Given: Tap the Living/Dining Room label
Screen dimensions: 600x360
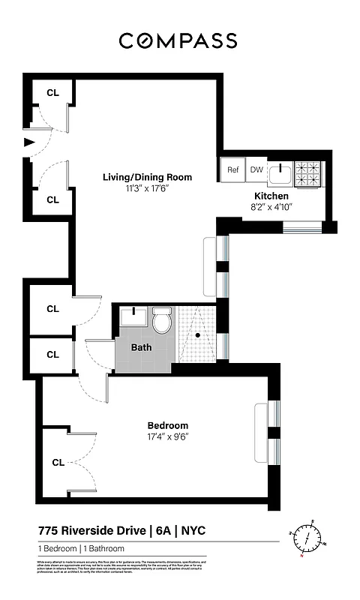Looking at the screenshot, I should [x=147, y=178].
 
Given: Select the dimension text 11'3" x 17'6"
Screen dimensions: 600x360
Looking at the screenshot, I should [x=147, y=189].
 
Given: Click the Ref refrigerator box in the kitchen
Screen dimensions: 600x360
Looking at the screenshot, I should [x=233, y=170].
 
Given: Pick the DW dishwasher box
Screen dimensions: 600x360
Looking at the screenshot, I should [x=256, y=170].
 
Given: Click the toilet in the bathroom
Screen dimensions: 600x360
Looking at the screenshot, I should [x=162, y=322].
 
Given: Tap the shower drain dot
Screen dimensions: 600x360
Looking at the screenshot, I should [x=198, y=335].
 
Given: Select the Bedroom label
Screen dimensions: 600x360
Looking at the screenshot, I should [x=167, y=425].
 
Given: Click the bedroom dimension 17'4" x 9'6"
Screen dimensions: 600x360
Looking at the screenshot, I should [x=167, y=436].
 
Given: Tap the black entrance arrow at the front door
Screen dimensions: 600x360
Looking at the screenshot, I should [x=29, y=142].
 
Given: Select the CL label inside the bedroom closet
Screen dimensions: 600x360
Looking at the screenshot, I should [x=58, y=463].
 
